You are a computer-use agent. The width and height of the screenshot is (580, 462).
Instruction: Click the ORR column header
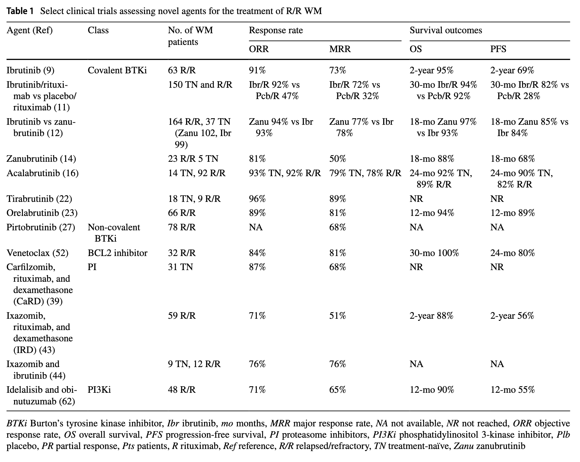(259, 49)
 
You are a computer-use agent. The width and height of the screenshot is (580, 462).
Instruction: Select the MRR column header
(340, 49)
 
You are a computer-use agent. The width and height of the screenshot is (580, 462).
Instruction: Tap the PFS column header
(498, 49)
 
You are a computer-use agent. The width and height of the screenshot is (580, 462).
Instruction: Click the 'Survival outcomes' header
(446, 31)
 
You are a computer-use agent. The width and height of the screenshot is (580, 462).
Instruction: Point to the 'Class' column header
(98, 31)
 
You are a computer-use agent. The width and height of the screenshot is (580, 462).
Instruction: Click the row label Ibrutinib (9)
(31, 71)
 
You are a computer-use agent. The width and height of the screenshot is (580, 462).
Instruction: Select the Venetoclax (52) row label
(37, 253)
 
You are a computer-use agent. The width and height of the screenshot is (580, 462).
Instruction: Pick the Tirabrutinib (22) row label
(39, 199)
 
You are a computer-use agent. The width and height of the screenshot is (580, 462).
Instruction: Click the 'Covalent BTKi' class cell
(117, 71)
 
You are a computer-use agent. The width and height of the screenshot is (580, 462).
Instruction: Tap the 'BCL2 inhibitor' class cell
(118, 253)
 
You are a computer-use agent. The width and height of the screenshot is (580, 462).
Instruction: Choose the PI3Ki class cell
(99, 390)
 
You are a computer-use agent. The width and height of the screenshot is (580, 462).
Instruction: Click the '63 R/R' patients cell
(182, 71)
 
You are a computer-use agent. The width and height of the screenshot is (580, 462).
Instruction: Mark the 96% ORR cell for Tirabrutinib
(257, 199)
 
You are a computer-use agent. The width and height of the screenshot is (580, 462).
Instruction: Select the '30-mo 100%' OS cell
(434, 253)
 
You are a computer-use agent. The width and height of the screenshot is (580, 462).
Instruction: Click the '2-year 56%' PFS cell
(512, 316)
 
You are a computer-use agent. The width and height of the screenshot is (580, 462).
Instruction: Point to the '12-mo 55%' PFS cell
(512, 390)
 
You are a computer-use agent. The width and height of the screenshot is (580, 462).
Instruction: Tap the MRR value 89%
(338, 199)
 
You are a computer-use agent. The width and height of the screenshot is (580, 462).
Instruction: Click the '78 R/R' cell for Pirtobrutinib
(182, 228)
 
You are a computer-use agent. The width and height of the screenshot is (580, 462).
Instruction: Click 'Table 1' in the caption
(20, 11)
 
